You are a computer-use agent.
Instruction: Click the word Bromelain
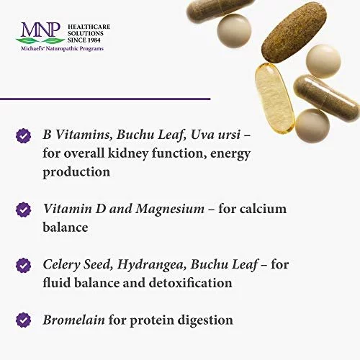[73, 320]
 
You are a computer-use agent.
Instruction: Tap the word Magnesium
[170, 210]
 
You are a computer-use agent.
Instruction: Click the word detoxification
[190, 283]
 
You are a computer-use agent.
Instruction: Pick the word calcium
[263, 209]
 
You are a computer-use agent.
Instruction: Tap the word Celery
[61, 265]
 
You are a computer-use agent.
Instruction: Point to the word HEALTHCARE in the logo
[89, 27]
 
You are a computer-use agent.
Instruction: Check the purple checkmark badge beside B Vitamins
[23, 136]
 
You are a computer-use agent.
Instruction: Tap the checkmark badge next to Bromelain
[23, 320]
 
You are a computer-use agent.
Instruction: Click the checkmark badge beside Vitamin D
[23, 210]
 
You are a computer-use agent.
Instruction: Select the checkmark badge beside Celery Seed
[23, 266]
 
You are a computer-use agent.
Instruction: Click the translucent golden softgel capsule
[274, 99]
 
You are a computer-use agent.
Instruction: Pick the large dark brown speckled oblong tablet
[294, 34]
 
